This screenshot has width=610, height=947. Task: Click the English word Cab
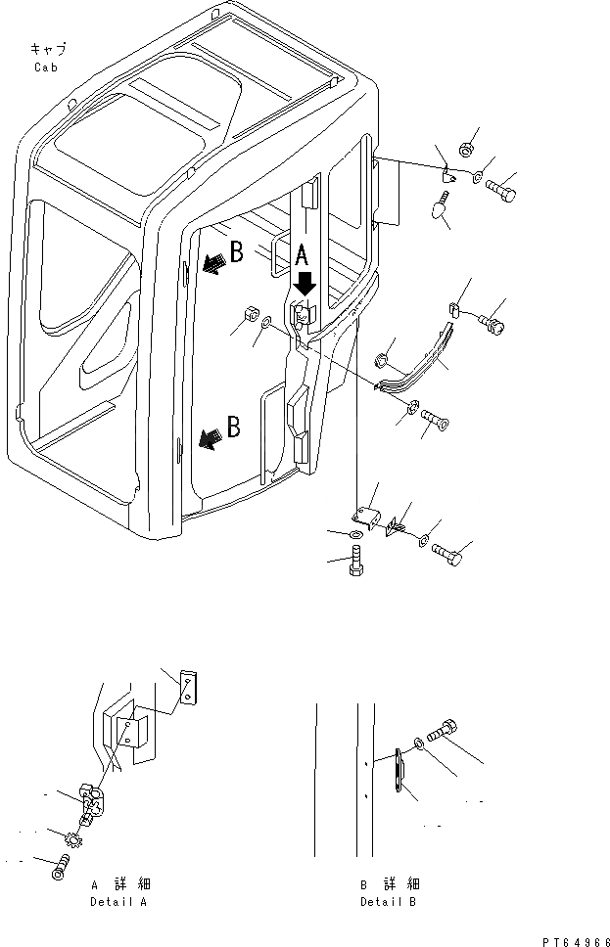pos(46,68)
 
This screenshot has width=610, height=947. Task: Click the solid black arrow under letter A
pos(305,283)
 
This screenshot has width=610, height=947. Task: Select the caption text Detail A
pos(117,901)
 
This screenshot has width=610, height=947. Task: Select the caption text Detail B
pos(388,901)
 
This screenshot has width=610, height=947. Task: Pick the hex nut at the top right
pos(465,149)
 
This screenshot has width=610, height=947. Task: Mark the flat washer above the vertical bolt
pos(353,534)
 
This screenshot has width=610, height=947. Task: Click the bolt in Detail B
pos(446,733)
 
